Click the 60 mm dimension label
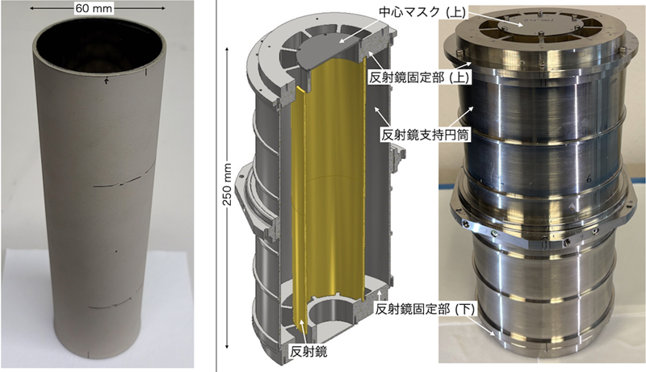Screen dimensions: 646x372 [x=94, y=8]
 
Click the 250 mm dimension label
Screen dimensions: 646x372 [x=229, y=185]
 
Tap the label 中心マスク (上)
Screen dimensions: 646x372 [x=422, y=12]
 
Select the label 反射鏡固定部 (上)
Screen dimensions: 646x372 [x=419, y=78]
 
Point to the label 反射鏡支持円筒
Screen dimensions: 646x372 [x=426, y=135]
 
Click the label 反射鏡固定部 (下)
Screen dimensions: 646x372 [x=426, y=308]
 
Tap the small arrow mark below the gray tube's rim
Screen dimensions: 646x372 [x=107, y=81]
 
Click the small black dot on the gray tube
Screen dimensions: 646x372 [x=115, y=251]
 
